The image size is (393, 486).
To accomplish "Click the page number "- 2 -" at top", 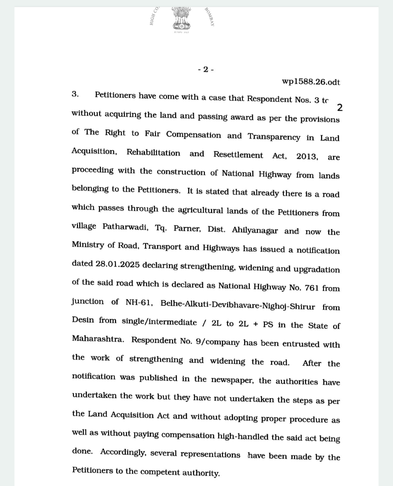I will click(x=206, y=69).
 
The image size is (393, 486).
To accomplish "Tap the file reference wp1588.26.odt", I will click(x=311, y=82).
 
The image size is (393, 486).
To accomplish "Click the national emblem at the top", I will click(x=181, y=19).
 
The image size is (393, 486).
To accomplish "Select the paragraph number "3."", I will click(x=75, y=94).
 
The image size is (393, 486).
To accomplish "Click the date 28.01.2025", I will click(x=117, y=264).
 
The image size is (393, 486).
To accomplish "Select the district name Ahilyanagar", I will click(x=254, y=230).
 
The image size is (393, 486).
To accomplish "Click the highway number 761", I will click(x=312, y=287).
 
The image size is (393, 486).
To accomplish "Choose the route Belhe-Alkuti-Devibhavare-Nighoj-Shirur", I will click(x=237, y=305).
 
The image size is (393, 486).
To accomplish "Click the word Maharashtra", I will click(x=98, y=339).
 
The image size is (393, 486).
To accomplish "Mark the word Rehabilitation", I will click(x=153, y=153).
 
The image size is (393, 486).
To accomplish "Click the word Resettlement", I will click(x=238, y=155).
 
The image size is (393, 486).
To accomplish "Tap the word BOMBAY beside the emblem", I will click(x=209, y=17).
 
